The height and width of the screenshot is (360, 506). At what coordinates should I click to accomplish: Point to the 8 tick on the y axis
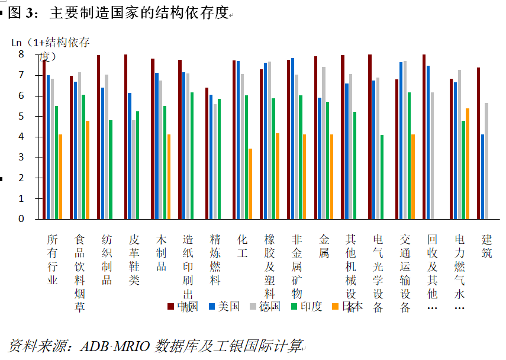tap(21, 54)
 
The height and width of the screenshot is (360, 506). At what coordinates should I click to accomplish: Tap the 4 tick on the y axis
tap(21, 137)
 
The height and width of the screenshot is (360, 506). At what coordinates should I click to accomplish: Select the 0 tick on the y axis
tap(21, 218)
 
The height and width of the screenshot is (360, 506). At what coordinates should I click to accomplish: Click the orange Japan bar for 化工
tap(250, 184)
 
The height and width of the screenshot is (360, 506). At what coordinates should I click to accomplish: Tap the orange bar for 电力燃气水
tap(468, 163)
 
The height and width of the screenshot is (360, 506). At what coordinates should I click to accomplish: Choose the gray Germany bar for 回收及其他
tap(432, 155)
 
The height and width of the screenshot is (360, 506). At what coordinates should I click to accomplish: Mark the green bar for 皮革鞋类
tap(138, 165)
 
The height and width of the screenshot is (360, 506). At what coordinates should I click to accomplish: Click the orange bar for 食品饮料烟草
tap(88, 169)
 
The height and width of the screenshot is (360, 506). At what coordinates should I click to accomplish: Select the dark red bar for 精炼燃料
tap(207, 153)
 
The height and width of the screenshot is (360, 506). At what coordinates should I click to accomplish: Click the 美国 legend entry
tap(225, 306)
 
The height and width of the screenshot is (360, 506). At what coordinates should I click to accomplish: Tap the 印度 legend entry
tap(307, 306)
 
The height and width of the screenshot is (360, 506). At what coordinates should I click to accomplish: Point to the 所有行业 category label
tap(53, 260)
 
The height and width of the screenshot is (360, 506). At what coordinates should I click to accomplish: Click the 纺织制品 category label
tap(107, 260)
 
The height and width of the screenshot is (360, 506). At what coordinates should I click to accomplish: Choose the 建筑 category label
tap(487, 246)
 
